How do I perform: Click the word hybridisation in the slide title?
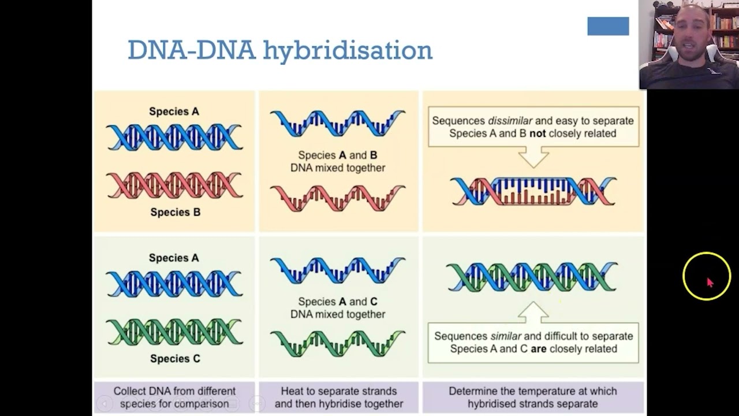[x=348, y=51]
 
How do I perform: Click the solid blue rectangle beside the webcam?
[x=608, y=26]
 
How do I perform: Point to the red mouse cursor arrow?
[x=710, y=282]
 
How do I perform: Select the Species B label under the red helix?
[x=175, y=212]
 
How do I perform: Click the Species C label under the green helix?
[x=175, y=358]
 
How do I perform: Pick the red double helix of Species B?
[x=174, y=185]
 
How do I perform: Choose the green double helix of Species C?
[x=174, y=332]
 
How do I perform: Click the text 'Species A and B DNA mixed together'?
[x=338, y=161]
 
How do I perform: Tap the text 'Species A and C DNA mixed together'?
[x=338, y=307]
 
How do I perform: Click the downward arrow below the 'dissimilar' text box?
[x=533, y=157]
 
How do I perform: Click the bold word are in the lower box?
[x=538, y=348]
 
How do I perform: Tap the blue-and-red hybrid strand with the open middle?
[x=533, y=191]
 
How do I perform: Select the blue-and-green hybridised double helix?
[x=532, y=277]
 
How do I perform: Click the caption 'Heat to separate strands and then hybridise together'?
[x=338, y=398]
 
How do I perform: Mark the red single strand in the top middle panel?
[x=338, y=198]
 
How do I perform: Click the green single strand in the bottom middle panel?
[x=338, y=343]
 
